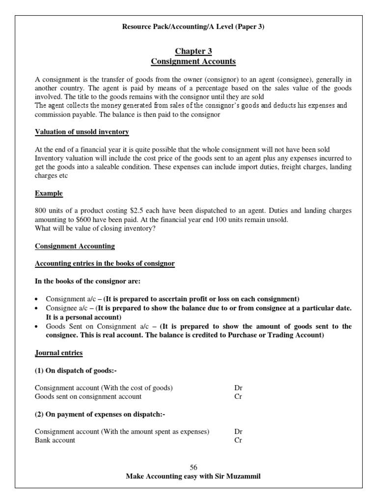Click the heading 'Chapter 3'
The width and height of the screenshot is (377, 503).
pyautogui.click(x=193, y=51)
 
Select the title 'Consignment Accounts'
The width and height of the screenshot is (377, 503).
pyautogui.click(x=193, y=61)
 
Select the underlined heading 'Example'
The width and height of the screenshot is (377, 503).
pyautogui.click(x=49, y=194)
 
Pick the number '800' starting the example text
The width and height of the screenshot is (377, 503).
pyautogui.click(x=41, y=211)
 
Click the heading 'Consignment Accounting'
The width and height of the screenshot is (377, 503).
pyautogui.click(x=75, y=246)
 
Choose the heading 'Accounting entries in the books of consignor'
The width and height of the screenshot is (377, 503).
pyautogui.click(x=105, y=264)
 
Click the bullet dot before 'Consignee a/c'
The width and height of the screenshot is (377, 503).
pyautogui.click(x=38, y=308)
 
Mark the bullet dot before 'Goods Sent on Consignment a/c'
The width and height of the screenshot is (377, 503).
pyautogui.click(x=38, y=327)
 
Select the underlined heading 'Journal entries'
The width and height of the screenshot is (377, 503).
pyautogui.click(x=59, y=353)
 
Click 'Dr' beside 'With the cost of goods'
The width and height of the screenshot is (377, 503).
pyautogui.click(x=239, y=388)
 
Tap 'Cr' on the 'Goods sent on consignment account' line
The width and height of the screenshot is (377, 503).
pyautogui.click(x=239, y=396)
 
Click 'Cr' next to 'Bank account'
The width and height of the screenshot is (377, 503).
pyautogui.click(x=239, y=440)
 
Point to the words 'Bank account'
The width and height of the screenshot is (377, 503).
pyautogui.click(x=55, y=440)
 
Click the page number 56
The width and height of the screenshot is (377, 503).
pyautogui.click(x=193, y=467)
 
